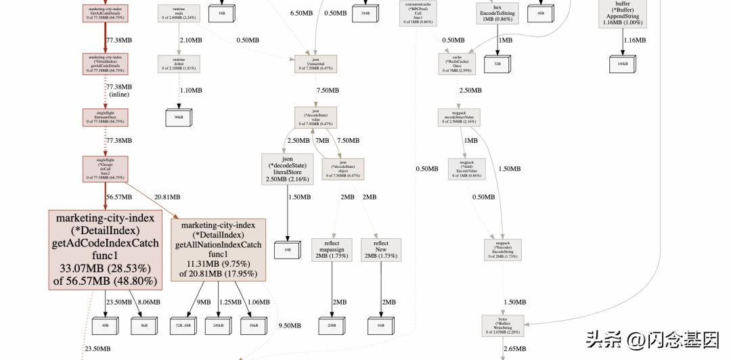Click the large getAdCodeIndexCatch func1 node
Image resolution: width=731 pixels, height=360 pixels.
click(x=105, y=250)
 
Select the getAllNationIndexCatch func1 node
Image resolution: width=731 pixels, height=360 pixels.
click(x=218, y=250)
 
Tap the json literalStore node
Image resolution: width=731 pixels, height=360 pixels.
click(x=287, y=169)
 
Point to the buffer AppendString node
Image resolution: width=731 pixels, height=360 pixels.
click(x=622, y=14)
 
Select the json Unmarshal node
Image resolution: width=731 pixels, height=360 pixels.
click(x=315, y=64)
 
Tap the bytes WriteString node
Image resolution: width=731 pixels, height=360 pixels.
click(x=503, y=325)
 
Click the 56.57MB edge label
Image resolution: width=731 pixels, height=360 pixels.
click(x=119, y=197)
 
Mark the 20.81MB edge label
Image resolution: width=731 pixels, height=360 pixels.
click(x=167, y=197)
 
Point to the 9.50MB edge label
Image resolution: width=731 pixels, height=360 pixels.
click(x=290, y=325)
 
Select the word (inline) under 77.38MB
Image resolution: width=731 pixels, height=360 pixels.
click(x=119, y=95)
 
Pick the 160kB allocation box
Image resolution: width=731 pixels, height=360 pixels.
click(x=622, y=64)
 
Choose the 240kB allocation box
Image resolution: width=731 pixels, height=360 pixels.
click(x=218, y=325)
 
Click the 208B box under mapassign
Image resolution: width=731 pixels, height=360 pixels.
click(x=332, y=325)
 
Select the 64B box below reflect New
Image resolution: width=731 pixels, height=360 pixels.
click(x=381, y=325)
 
